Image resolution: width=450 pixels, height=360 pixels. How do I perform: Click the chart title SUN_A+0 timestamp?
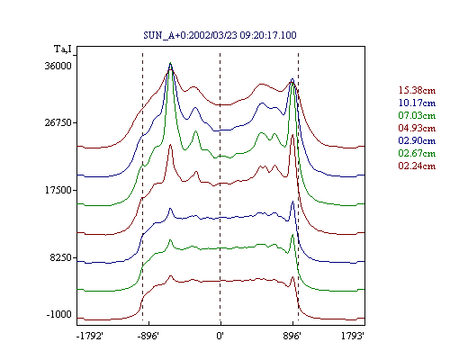pos(220,35)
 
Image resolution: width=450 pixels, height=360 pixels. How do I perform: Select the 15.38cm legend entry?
pos(417,90)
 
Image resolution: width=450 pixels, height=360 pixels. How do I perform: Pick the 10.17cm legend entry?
pos(417,103)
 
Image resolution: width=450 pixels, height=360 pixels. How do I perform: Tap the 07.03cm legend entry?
pos(417,115)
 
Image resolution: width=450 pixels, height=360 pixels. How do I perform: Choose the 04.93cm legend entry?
pos(417,128)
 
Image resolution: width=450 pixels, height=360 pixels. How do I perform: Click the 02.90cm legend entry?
pos(417,140)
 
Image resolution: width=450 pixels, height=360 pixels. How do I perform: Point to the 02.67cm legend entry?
pos(417,153)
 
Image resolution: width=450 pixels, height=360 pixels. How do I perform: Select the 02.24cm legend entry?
pos(417,166)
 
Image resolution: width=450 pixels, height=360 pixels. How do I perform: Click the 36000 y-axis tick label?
pos(58,66)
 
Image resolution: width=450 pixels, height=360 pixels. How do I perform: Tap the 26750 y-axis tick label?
pos(58,122)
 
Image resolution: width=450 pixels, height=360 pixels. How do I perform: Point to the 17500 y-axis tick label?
pos(58,190)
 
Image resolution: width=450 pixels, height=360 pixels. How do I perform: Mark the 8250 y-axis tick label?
pos(61,257)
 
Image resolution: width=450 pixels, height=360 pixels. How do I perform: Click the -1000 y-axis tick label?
pos(59,314)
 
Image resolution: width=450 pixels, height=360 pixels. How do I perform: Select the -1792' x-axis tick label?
pos(90,336)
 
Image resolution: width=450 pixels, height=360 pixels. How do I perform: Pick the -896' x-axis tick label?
pos(148,336)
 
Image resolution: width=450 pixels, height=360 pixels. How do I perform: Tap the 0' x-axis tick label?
pos(220,336)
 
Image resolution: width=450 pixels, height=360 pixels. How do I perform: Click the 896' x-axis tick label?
pos(292,336)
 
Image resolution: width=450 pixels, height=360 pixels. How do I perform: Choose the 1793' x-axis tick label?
pos(353,336)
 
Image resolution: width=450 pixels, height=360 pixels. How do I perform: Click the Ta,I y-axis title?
pos(63,49)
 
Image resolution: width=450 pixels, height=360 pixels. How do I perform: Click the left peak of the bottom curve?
pos(171,276)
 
